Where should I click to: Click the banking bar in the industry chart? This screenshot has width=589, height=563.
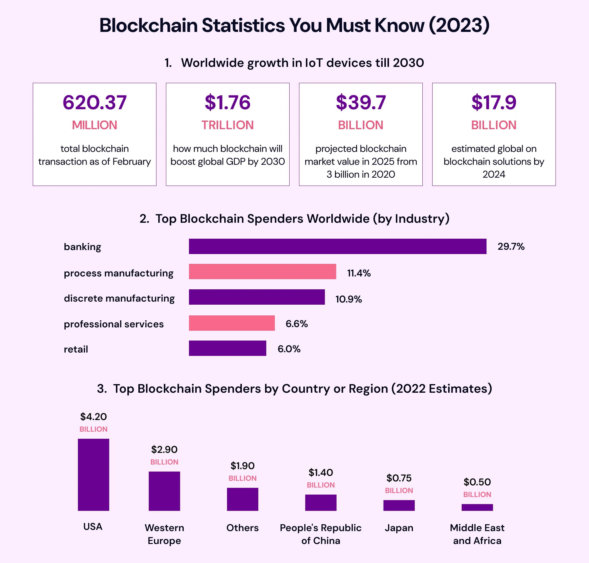pos(337,246)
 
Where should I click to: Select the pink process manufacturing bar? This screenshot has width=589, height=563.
pos(262,272)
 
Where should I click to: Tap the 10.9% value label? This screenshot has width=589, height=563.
pos(348,299)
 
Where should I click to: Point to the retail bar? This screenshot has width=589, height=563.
pos(227,348)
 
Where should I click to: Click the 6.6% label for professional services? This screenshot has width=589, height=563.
pos(296,324)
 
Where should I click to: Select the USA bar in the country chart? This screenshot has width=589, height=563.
pos(94,475)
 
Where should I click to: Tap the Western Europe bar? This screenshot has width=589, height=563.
pos(164,491)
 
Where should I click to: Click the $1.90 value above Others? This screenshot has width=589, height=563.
pos(242,466)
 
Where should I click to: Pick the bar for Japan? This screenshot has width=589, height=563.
pos(399,505)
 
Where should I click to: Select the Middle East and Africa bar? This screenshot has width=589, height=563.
pos(477,507)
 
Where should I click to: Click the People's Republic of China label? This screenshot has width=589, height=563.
pos(321,534)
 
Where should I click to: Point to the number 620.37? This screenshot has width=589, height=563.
pos(94,102)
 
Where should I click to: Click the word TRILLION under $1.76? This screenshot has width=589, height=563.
pos(227,125)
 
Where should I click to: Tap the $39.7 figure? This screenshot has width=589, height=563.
pos(361,102)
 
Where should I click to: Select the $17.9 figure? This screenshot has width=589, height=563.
pos(494,102)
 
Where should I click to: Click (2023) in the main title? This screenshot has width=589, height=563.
pos(459,25)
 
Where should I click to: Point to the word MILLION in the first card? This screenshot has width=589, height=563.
pos(94,125)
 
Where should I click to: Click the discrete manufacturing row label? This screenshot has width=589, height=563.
pos(119,298)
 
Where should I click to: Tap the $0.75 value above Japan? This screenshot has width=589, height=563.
pos(399,478)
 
